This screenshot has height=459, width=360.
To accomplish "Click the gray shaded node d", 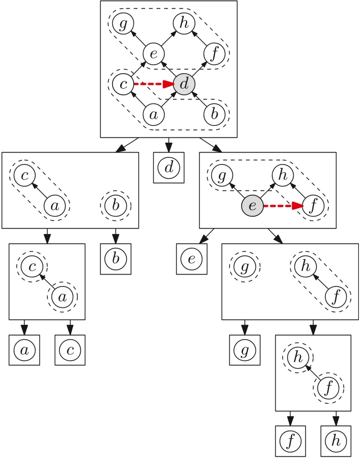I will (184, 84).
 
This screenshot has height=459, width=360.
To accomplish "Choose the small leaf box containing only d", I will (169, 167).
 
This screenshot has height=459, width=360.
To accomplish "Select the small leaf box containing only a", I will (24, 350).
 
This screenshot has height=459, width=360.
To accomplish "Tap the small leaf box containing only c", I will (69, 350).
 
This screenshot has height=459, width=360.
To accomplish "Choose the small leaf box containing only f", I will (290, 441).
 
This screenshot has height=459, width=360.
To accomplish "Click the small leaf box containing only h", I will (336, 441).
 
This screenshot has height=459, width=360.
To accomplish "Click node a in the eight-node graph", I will (154, 115).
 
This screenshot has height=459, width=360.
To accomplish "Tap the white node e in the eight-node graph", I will (154, 54).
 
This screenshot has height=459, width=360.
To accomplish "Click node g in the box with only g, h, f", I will (245, 267).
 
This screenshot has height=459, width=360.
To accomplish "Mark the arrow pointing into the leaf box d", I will (169, 145).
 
